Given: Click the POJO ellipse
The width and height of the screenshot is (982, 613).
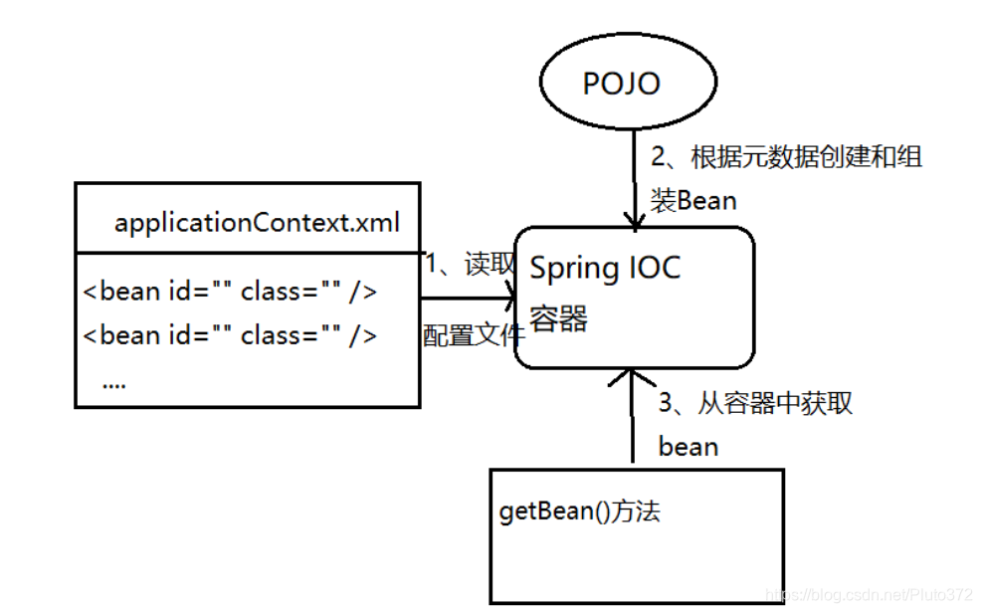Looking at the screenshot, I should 622,84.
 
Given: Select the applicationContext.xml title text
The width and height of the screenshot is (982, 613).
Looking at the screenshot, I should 257,222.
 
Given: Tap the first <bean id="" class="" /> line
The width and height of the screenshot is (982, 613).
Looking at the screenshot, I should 230,292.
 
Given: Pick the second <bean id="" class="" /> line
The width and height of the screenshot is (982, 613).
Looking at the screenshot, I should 230,335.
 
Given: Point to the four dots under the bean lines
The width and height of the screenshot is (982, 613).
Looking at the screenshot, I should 113,381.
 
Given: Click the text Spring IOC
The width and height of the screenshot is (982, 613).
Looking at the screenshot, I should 605,268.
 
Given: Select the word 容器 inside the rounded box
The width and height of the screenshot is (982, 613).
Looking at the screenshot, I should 558,318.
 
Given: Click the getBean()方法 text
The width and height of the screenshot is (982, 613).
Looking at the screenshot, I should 579,512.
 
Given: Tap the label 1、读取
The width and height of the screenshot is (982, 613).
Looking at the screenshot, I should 471,264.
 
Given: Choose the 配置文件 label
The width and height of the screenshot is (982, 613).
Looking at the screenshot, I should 473,335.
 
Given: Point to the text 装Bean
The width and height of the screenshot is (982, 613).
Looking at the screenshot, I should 693,201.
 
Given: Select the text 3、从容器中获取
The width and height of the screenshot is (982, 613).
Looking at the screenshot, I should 755,403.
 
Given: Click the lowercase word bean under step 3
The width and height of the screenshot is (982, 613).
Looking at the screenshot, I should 687,447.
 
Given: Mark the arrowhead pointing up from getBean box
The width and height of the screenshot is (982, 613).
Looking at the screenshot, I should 632,378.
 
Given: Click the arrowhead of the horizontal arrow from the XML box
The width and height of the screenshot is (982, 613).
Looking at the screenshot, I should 509,297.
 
